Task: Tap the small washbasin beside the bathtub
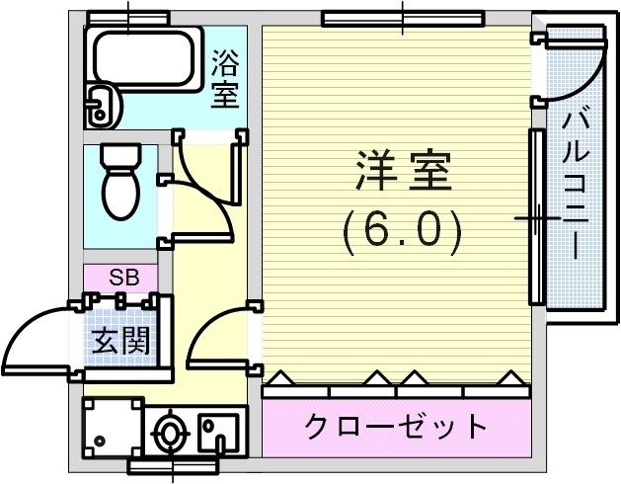[100, 105]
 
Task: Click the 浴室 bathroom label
[225, 81]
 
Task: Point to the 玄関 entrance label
[121, 341]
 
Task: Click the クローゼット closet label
[396, 427]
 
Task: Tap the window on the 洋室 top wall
[403, 17]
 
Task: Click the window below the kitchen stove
[172, 465]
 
